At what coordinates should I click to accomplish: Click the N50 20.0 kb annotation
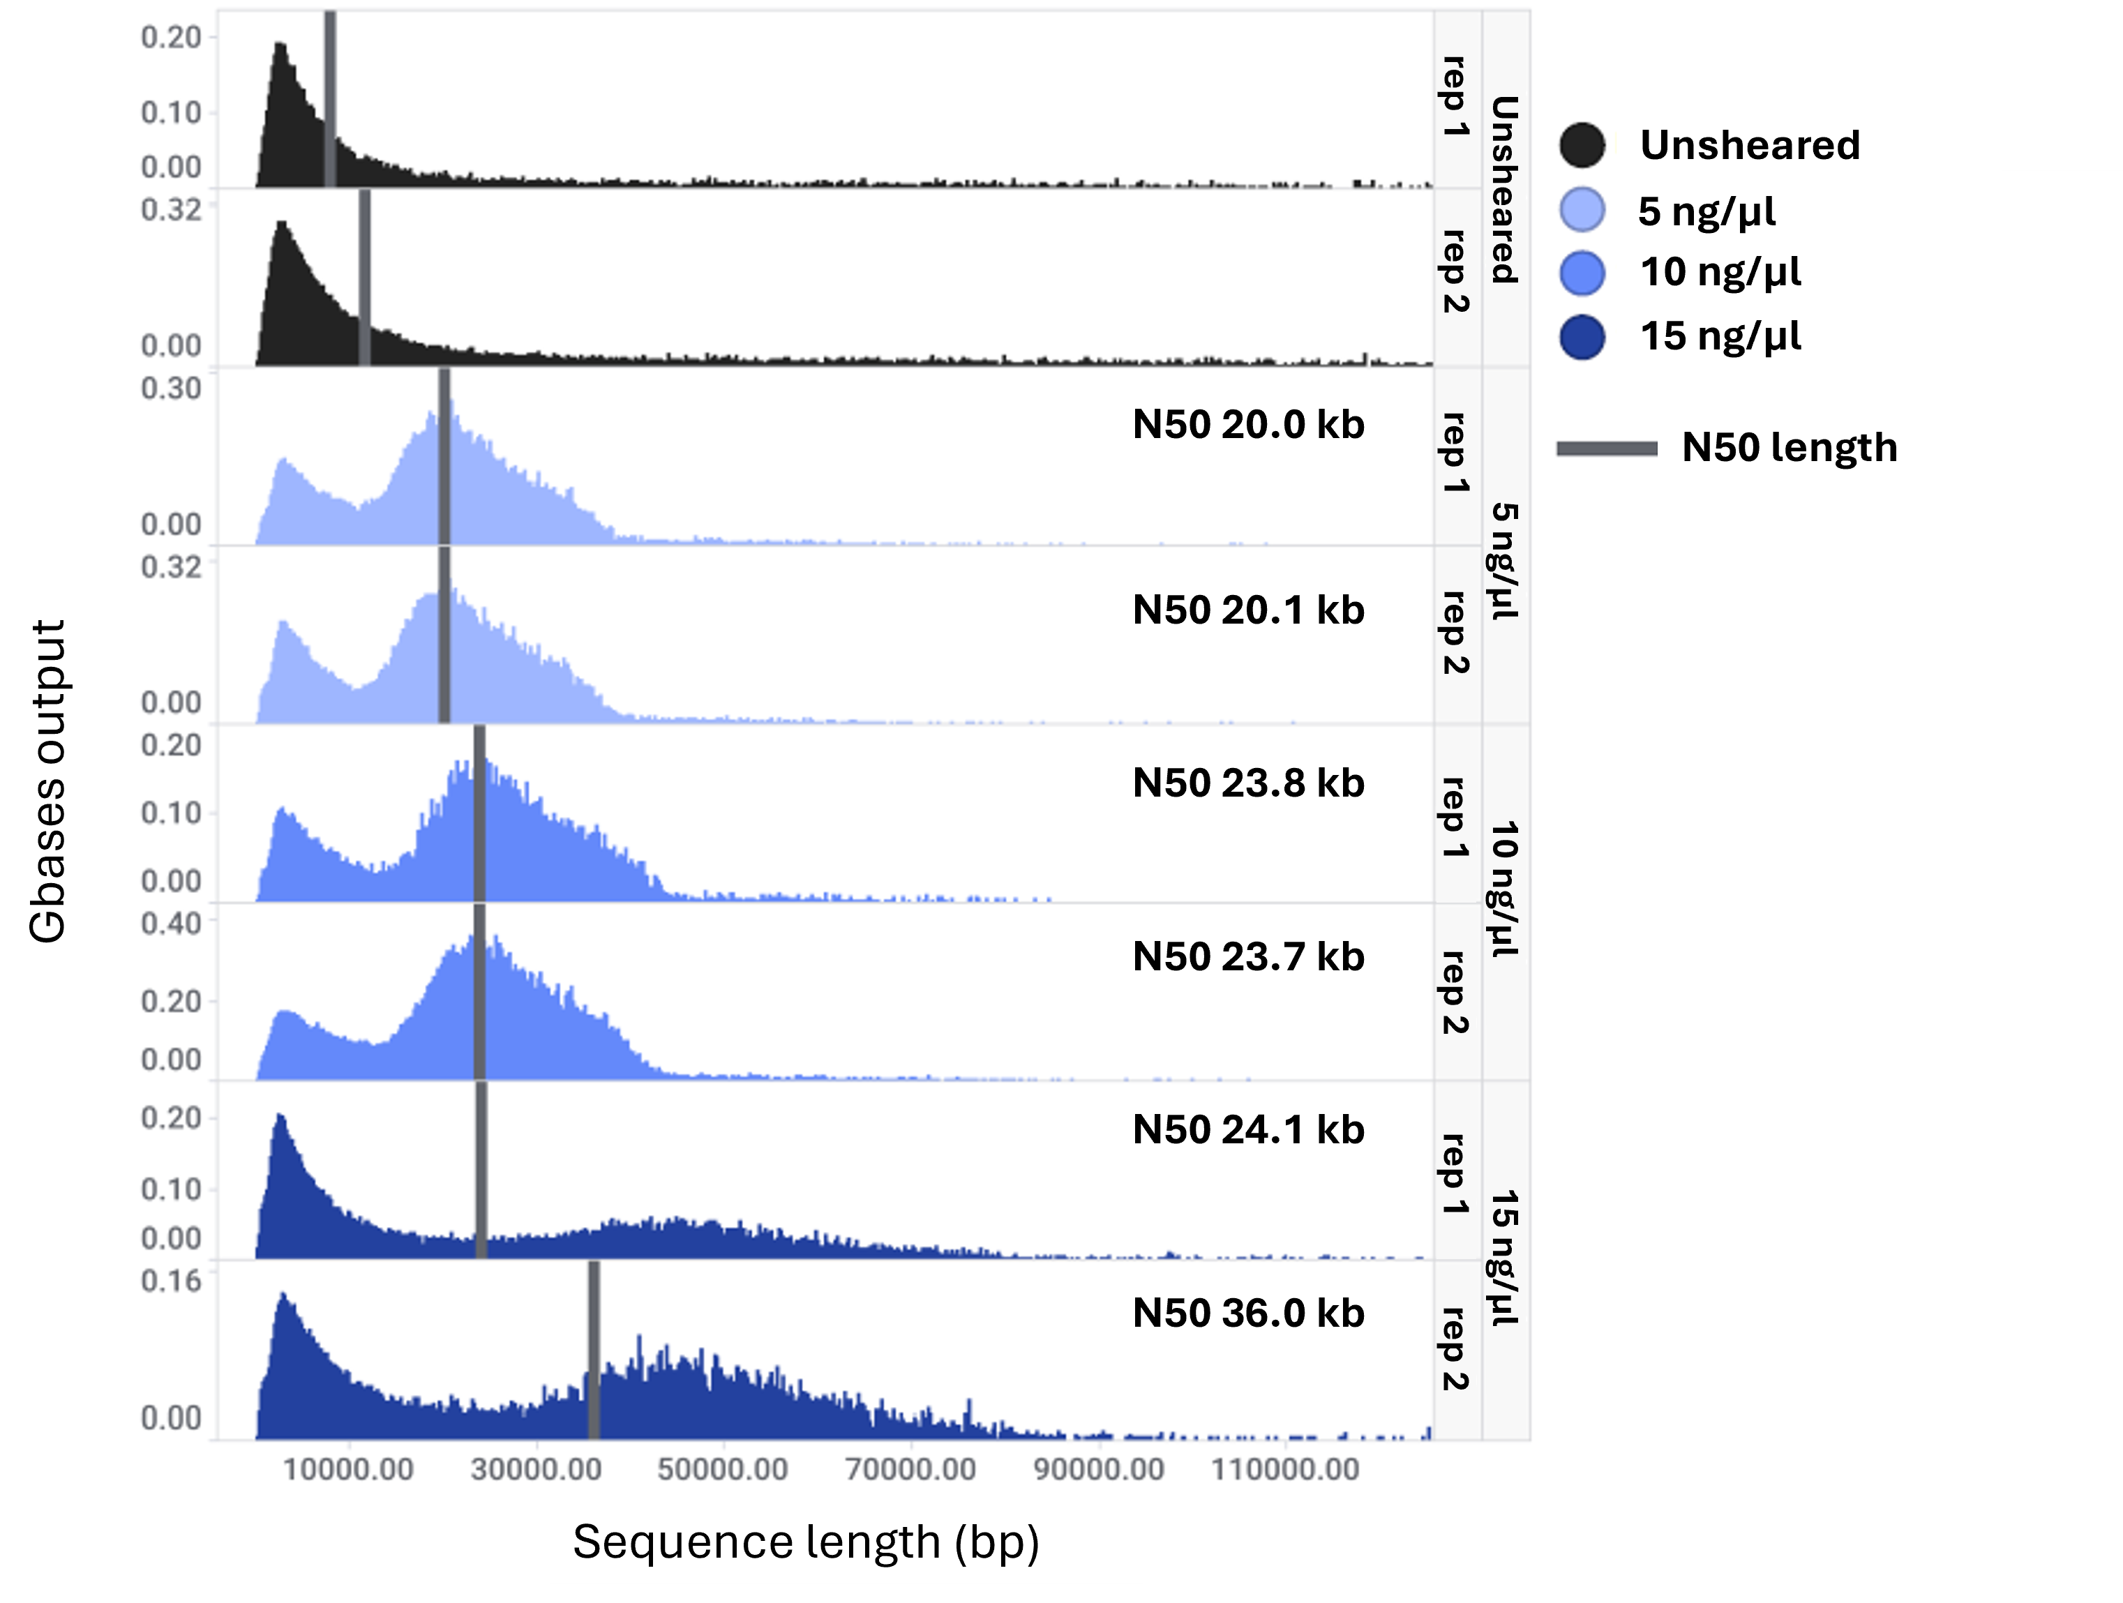pos(1247,424)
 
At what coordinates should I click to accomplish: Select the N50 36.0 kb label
pos(1247,1313)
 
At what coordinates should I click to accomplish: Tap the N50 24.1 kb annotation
pos(1247,1130)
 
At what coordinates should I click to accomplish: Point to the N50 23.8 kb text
pos(1247,783)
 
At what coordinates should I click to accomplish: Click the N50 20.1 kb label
pos(1247,610)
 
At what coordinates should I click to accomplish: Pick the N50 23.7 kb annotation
pos(1247,957)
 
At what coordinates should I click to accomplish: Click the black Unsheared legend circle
pos(1582,146)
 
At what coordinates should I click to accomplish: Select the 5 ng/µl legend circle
pos(1582,210)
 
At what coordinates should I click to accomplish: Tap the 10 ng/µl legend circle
pos(1582,273)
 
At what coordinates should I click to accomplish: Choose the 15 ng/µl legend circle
pos(1582,337)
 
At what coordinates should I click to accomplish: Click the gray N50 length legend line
pos(1607,449)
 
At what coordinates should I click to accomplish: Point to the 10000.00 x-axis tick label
pos(350,1468)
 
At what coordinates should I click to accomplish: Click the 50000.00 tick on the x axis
pos(723,1468)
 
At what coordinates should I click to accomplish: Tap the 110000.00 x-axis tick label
pos(1286,1468)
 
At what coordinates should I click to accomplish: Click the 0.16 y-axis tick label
pos(172,1281)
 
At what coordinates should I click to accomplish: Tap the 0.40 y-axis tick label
pos(172,924)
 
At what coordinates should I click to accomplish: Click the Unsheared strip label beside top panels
pos(1504,189)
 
